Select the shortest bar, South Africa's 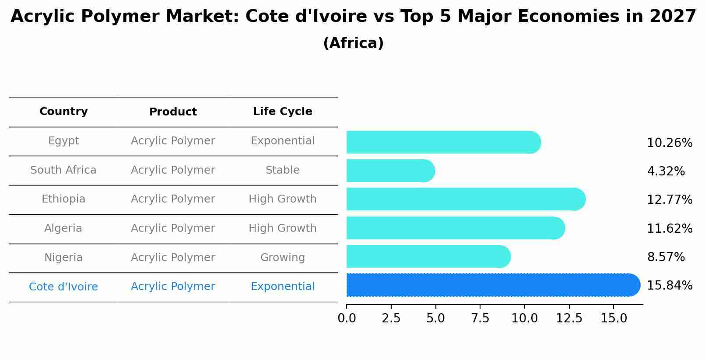point(389,171)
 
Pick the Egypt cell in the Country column point(63,141)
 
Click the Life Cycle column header point(282,112)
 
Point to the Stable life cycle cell point(282,170)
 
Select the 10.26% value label point(669,143)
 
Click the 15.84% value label point(669,286)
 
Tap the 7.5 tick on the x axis point(480,318)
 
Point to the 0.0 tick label point(347,318)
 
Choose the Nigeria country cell point(63,258)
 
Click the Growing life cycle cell point(282,258)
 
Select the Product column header point(173,112)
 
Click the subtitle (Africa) point(353,43)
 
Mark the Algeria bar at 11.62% point(455,228)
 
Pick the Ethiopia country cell point(63,199)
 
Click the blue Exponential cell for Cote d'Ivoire point(282,287)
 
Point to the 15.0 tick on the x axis point(614,318)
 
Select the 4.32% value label point(666,171)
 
